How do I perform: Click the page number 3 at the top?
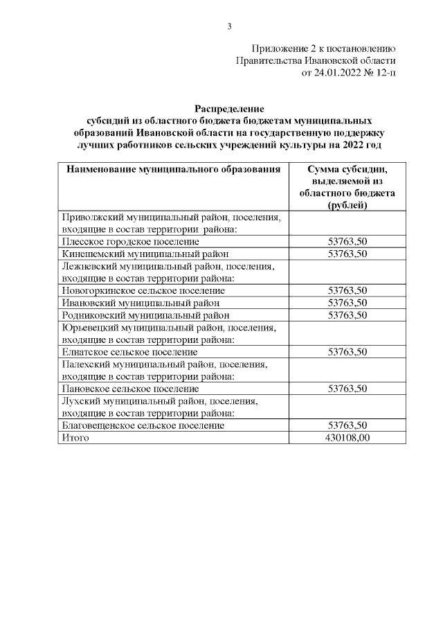(229, 26)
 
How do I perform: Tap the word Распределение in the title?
(229, 109)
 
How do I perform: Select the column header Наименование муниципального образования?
(172, 169)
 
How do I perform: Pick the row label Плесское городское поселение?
(130, 241)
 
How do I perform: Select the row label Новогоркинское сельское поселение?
(142, 290)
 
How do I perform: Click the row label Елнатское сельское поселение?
(129, 352)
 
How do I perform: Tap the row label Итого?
(75, 438)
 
